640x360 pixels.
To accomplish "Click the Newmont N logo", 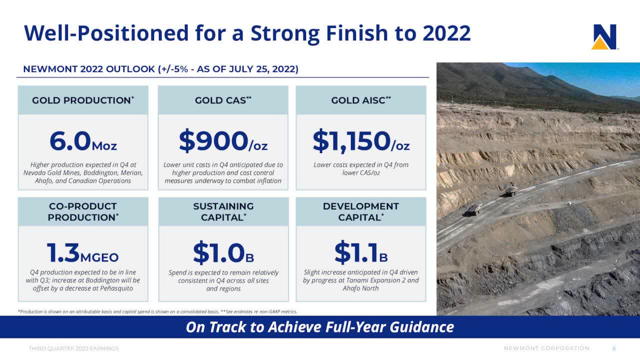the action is [604, 37].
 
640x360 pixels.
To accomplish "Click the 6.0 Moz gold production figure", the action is [83, 141].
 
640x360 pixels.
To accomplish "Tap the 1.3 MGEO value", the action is [82, 253].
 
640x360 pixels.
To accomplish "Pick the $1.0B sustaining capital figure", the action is [223, 252].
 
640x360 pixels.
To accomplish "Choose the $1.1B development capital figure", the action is [361, 252].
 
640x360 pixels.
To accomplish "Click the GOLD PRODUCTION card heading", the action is [83, 100].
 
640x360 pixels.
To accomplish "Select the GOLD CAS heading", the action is [223, 100].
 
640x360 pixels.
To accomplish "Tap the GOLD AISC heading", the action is [361, 100].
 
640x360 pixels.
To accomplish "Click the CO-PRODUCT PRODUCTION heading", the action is [83, 211].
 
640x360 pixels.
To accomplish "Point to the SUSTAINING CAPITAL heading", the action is [223, 211].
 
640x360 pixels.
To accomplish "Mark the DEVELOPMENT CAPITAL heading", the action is [361, 211].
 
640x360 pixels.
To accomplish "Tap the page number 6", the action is [614, 348].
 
